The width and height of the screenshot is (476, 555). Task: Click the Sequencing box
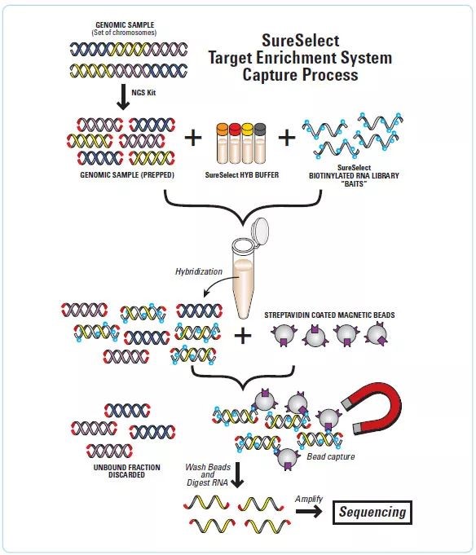372,512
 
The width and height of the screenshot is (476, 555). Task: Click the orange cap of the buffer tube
222,130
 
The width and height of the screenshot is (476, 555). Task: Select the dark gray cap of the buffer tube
260,130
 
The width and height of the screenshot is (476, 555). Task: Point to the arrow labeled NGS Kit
123,97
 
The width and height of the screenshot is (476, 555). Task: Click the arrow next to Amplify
309,512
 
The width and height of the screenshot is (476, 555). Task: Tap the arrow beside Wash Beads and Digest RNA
237,474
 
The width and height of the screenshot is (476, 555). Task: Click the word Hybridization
199,271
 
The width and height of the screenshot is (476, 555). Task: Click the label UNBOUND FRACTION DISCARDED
126,471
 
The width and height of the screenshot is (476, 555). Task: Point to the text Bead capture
331,456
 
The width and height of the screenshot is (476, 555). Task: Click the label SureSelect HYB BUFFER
242,175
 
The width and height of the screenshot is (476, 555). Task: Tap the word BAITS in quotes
354,183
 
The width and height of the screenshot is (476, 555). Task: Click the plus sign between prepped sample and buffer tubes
193,138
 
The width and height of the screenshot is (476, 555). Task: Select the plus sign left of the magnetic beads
243,336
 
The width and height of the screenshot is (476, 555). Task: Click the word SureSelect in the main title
301,41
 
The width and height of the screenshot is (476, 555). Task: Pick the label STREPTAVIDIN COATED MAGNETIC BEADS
329,315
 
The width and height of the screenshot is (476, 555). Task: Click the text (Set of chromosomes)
124,33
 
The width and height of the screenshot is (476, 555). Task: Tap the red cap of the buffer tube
235,130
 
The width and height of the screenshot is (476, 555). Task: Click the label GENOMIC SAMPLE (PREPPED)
127,175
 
